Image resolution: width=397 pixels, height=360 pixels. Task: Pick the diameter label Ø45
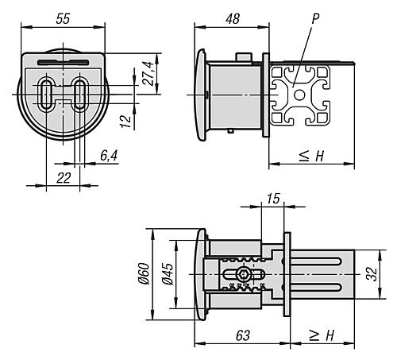[x=168, y=274]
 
